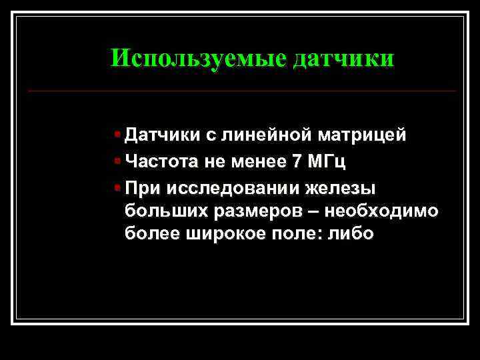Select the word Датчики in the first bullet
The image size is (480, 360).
[x=161, y=135]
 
